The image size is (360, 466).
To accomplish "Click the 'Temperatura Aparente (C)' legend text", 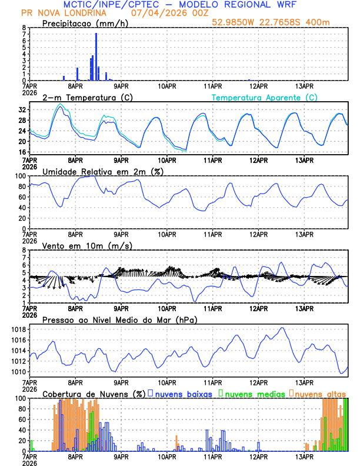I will [x=264, y=97].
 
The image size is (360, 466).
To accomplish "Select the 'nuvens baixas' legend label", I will [x=183, y=393].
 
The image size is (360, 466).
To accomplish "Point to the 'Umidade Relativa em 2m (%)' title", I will [x=103, y=171].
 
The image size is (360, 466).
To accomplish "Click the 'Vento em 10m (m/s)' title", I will [x=87, y=245].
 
